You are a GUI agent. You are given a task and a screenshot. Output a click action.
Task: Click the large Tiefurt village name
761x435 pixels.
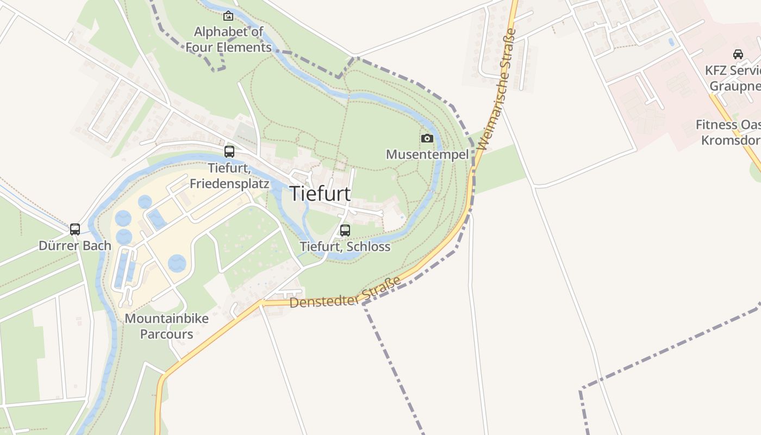tap(320, 194)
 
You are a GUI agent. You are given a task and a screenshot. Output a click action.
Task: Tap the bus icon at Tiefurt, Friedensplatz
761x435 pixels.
tap(229, 152)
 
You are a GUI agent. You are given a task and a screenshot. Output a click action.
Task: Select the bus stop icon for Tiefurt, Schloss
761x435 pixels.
tap(345, 231)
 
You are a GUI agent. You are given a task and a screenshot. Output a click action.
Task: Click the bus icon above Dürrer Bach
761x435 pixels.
tap(75, 229)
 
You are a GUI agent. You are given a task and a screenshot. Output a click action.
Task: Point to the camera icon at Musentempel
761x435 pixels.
tap(427, 139)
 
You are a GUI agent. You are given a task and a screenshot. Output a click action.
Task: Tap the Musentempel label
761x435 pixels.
tap(427, 154)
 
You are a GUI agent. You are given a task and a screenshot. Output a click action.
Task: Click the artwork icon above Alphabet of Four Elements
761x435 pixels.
tap(228, 16)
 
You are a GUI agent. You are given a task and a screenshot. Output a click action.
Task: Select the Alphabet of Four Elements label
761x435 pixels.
tap(228, 40)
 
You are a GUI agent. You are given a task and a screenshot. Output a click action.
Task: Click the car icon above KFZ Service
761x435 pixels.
tap(738, 54)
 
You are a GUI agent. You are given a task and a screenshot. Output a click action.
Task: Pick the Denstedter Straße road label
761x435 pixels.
tap(345, 293)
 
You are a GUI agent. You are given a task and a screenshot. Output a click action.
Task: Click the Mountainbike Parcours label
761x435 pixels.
tap(166, 326)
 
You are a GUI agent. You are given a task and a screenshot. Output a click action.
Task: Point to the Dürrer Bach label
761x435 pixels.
tap(75, 246)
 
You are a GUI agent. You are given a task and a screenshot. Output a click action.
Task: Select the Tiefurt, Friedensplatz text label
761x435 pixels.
tap(229, 176)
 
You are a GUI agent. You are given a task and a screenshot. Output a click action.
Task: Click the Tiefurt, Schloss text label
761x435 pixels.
tap(345, 247)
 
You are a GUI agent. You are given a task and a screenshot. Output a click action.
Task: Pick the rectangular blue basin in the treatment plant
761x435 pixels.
tap(157, 219)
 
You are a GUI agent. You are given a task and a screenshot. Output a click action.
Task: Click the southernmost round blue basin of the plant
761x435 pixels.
tap(177, 263)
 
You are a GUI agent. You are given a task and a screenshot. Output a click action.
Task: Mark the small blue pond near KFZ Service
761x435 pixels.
tap(672, 42)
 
